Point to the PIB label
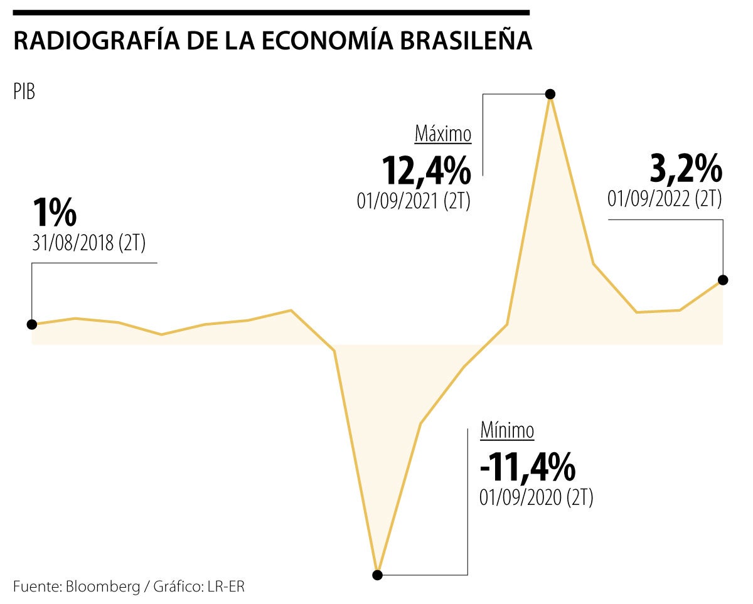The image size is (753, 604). (x=24, y=92)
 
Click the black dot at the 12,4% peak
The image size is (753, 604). (x=550, y=94)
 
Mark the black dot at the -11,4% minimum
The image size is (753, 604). (x=377, y=575)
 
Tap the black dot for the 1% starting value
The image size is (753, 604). (x=31, y=324)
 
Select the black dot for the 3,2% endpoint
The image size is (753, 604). (x=723, y=280)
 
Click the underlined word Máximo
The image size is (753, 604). (x=442, y=133)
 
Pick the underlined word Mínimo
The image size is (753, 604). (x=507, y=431)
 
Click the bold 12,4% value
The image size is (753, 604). (x=426, y=169)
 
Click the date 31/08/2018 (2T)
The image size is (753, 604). (x=88, y=243)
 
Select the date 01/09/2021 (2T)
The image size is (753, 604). (x=413, y=201)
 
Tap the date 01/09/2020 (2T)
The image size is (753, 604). (x=537, y=499)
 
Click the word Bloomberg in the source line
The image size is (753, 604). (x=102, y=587)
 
